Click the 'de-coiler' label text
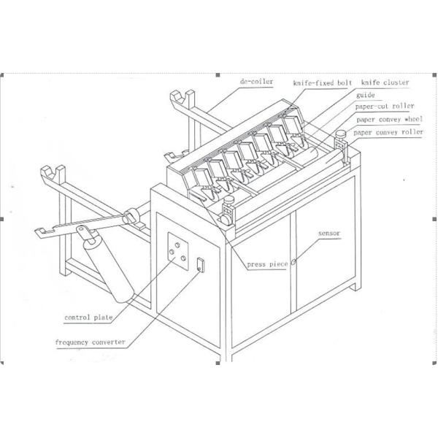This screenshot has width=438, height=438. point(255,82)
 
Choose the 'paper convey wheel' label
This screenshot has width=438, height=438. point(388,119)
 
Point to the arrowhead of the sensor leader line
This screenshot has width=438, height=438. point(295,261)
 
